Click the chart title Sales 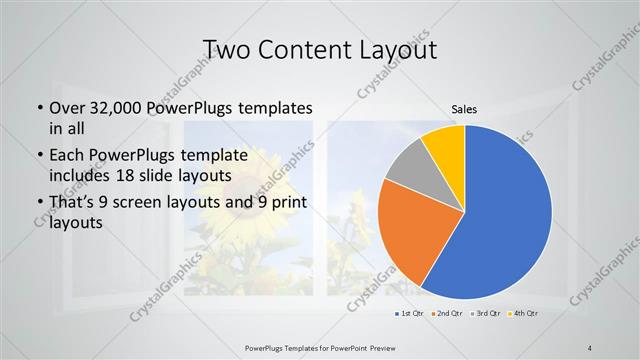coord(464,107)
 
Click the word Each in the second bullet coord(67,155)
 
